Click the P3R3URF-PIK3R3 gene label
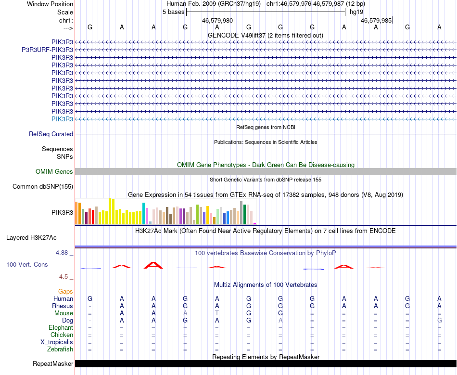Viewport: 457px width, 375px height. coord(47,50)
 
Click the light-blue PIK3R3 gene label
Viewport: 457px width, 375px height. coord(62,119)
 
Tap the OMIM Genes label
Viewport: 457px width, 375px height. coord(54,172)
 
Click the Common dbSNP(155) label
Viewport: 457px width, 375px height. coord(43,187)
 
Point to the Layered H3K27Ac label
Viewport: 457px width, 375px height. coord(31,237)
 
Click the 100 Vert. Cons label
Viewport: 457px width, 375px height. coord(27,265)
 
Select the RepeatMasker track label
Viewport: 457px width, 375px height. coord(53,363)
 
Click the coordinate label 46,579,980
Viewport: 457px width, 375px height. coord(217,21)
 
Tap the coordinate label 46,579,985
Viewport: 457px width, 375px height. coord(376,21)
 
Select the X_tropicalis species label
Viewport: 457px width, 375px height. coord(57,342)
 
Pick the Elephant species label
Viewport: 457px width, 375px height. coord(61,328)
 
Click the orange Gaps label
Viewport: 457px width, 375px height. coord(65,292)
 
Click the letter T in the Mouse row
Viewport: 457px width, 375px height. coord(217,313)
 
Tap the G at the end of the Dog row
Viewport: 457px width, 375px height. coord(439,321)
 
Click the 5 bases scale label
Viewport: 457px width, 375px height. coord(173,12)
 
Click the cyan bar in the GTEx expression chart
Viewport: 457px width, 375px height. coord(144,213)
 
